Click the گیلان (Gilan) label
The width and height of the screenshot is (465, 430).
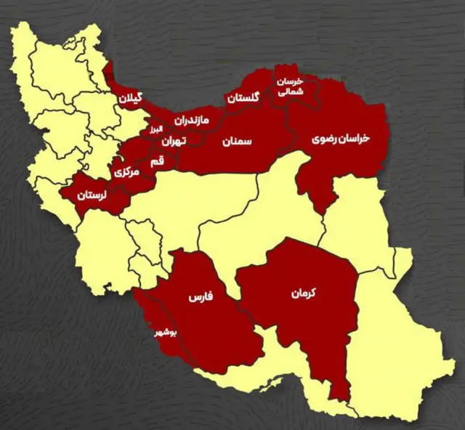(134, 96)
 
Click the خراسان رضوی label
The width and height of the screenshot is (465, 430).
(341, 137)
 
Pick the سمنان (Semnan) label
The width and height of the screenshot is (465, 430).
(238, 142)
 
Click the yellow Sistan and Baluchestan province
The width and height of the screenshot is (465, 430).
(392, 334)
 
